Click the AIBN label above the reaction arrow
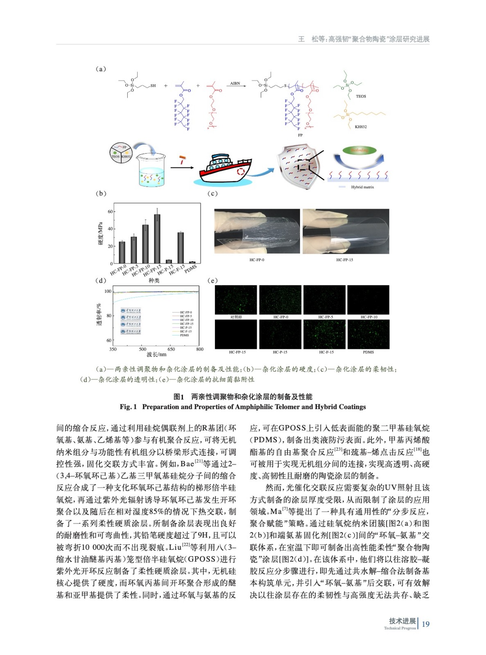(x=235, y=83)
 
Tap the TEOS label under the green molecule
(x=361, y=97)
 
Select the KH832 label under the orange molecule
(x=361, y=127)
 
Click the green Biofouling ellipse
(x=359, y=150)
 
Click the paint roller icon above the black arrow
(x=183, y=159)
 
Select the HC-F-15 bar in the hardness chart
(x=181, y=248)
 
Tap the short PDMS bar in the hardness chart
(x=192, y=262)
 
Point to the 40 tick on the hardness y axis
(x=110, y=229)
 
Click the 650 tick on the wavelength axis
(x=171, y=349)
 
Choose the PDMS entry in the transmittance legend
(x=185, y=335)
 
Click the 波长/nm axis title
(x=156, y=355)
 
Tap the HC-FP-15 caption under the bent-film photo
(x=344, y=260)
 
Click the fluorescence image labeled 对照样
(x=236, y=300)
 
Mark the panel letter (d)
(x=101, y=281)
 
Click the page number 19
(x=426, y=624)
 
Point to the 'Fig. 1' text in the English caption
(x=128, y=407)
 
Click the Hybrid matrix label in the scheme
(x=362, y=187)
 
